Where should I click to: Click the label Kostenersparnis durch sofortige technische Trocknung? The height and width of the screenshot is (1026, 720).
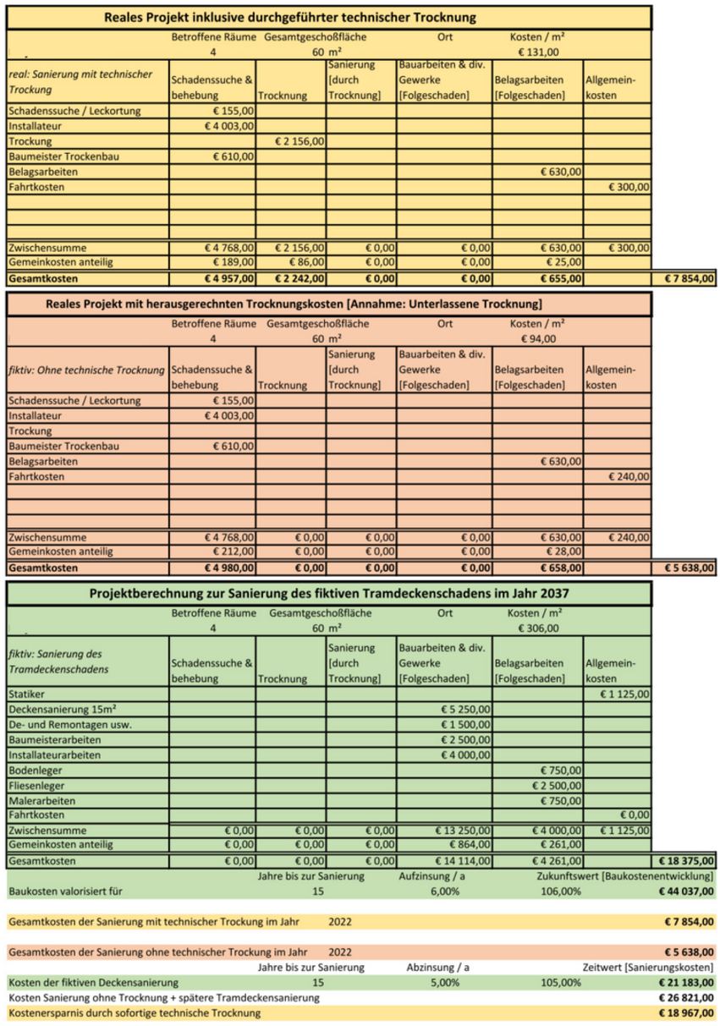(x=135, y=1012)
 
